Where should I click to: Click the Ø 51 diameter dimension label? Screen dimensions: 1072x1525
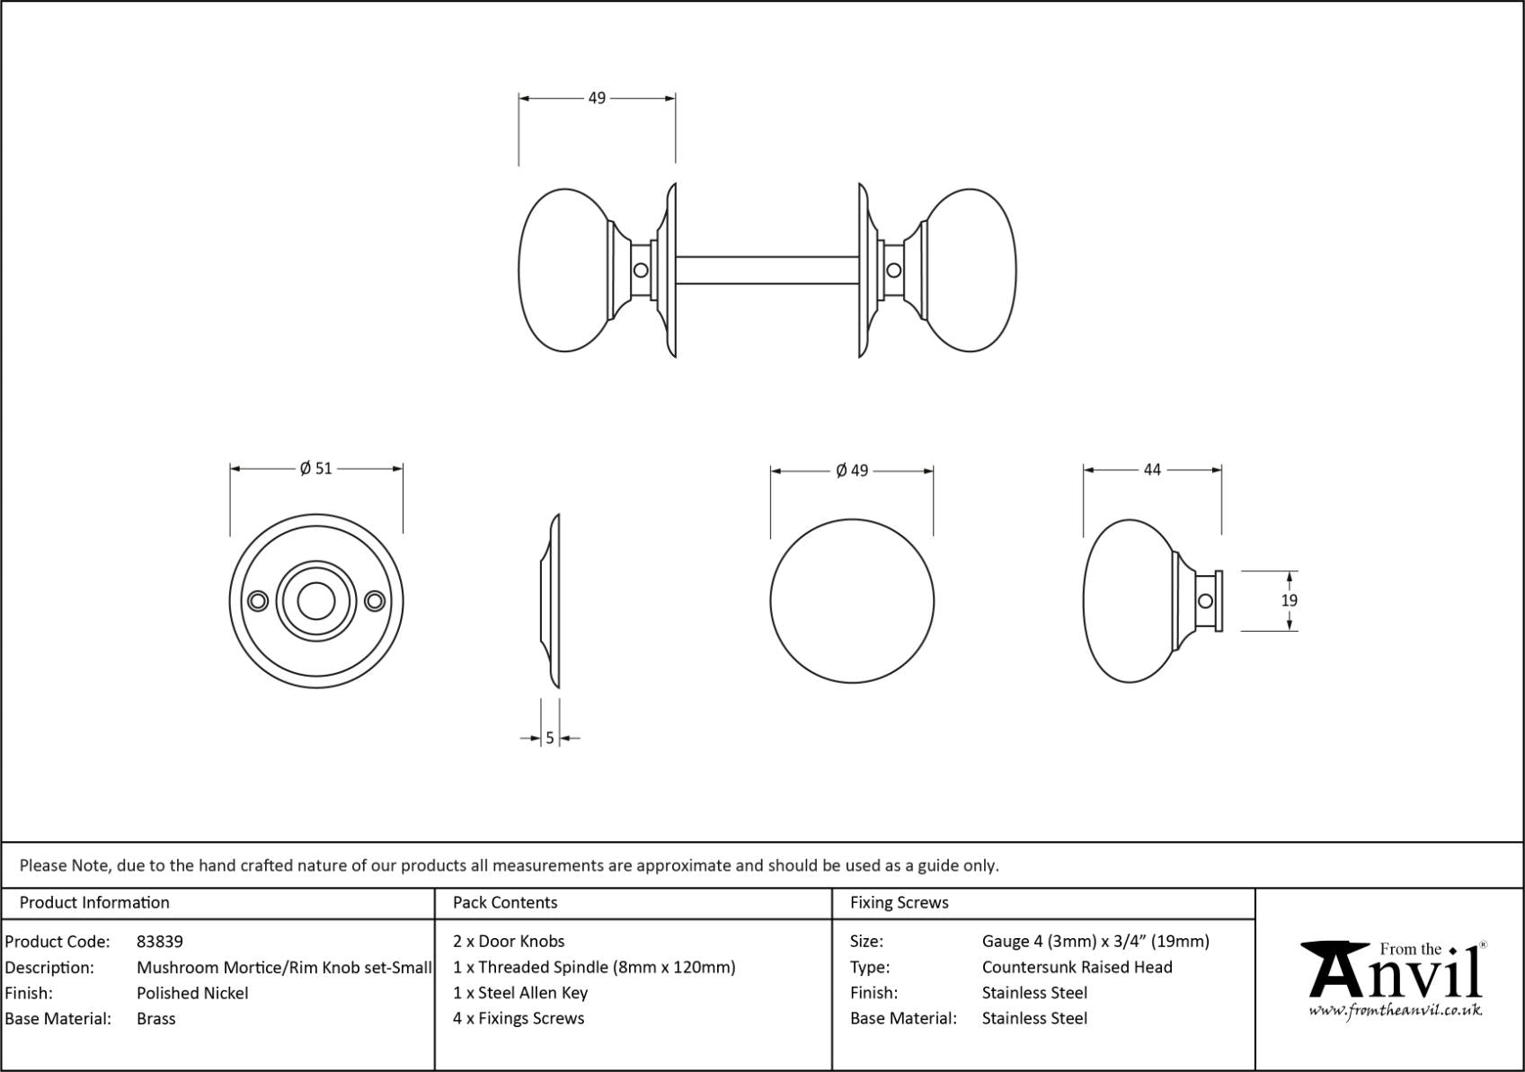pyautogui.click(x=315, y=468)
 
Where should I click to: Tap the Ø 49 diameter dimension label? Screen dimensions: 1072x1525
pyautogui.click(x=852, y=470)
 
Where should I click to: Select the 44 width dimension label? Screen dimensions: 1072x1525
pyautogui.click(x=1152, y=469)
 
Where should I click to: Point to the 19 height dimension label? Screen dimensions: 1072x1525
pyautogui.click(x=1289, y=600)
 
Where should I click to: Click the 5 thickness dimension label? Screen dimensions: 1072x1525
pyautogui.click(x=550, y=739)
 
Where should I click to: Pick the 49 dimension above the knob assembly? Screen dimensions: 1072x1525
pyautogui.click(x=597, y=98)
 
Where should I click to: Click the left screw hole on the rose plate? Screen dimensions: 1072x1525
pyautogui.click(x=258, y=601)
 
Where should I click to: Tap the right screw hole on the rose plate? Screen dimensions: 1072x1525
pyautogui.click(x=375, y=601)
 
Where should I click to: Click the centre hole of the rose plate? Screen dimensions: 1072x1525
pyautogui.click(x=316, y=601)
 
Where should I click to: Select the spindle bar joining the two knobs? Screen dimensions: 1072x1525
pyautogui.click(x=767, y=270)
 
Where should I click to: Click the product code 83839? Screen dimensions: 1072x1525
pyautogui.click(x=159, y=942)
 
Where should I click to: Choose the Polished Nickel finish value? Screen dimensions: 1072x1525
pyautogui.click(x=192, y=993)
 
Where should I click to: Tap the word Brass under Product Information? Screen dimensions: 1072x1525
pyautogui.click(x=155, y=1019)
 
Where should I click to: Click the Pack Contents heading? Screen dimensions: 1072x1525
pyautogui.click(x=505, y=902)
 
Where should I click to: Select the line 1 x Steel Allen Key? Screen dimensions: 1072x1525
pyautogui.click(x=520, y=993)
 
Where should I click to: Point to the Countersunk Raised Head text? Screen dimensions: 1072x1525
pyautogui.click(x=1077, y=968)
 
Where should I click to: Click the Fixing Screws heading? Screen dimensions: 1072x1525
pyautogui.click(x=899, y=902)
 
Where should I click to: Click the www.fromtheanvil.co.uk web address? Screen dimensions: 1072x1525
pyautogui.click(x=1395, y=1011)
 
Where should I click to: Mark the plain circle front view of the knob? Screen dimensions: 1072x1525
pyautogui.click(x=852, y=601)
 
